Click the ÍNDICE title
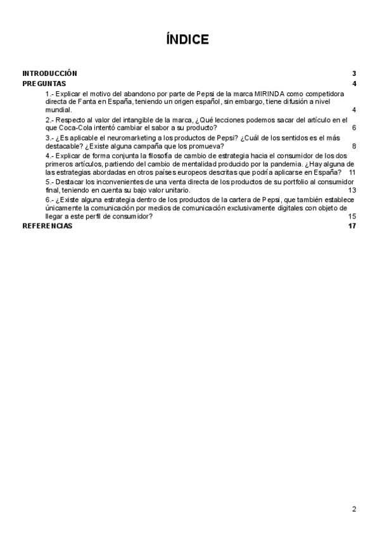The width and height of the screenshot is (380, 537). tap(187, 40)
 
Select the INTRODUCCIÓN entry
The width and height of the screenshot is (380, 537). tap(49, 73)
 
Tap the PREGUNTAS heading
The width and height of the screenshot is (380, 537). tap(44, 84)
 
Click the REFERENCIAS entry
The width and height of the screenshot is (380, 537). tap(47, 226)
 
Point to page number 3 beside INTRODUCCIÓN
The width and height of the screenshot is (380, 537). tap(355, 73)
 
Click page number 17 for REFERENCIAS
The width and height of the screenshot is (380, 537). tap(353, 226)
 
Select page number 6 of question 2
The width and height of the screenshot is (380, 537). tap(354, 128)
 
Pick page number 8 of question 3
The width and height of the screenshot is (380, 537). tap(354, 146)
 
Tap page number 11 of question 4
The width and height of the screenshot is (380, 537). tap(352, 172)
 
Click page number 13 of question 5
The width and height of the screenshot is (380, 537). tap(352, 190)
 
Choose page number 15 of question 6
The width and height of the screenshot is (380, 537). tap(352, 216)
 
